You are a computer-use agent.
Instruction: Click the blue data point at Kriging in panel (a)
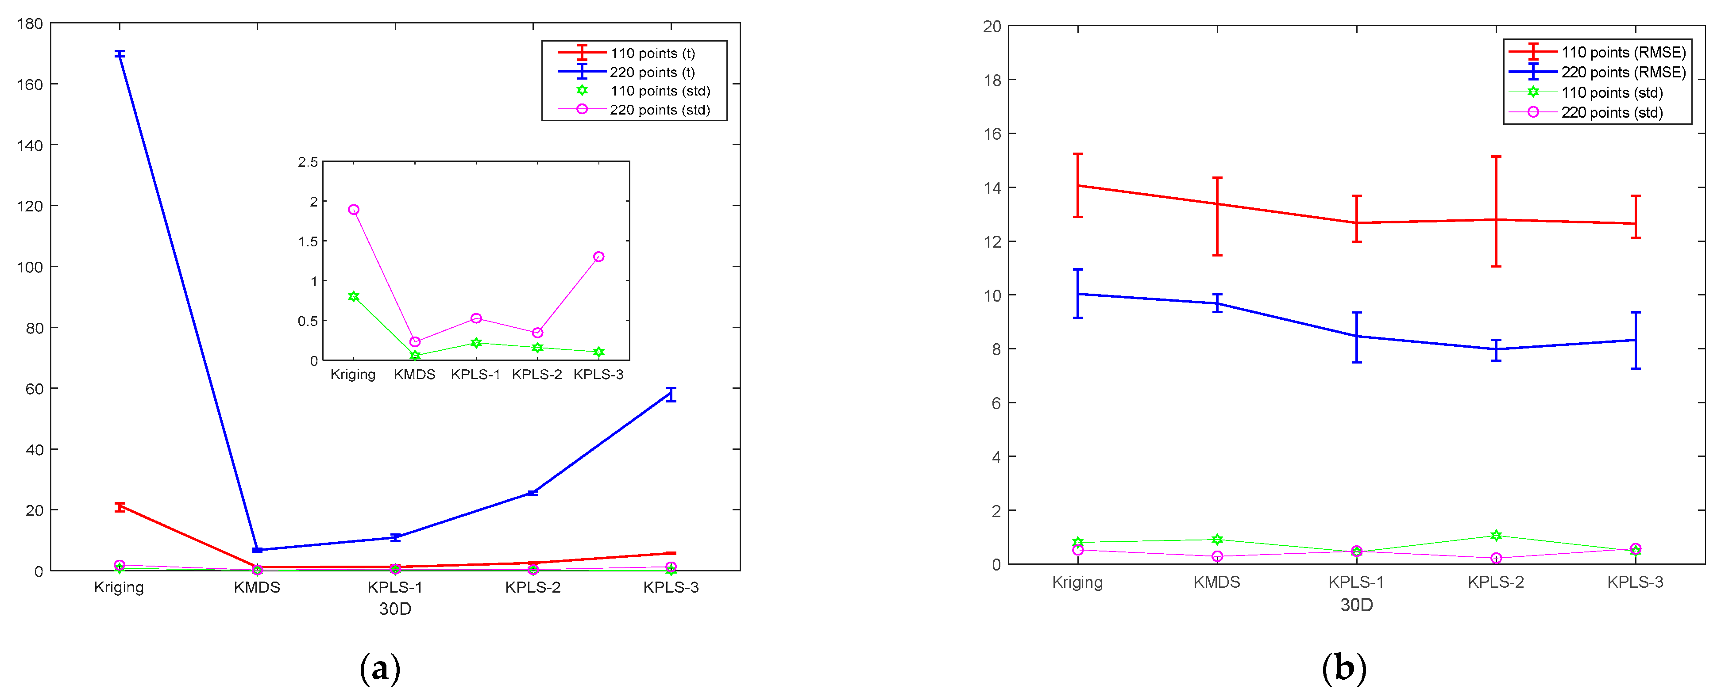click(x=120, y=54)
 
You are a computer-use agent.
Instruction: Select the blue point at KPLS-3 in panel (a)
click(x=671, y=394)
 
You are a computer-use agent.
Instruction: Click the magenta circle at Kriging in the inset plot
click(x=353, y=210)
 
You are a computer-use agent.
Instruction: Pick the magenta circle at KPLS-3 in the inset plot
click(x=598, y=257)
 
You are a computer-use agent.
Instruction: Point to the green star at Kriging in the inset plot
click(x=353, y=296)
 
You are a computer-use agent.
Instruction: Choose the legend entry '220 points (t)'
click(x=652, y=72)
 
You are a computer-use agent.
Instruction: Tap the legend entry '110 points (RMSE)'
click(x=1623, y=52)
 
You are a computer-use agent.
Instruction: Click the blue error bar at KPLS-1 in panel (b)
click(x=1357, y=337)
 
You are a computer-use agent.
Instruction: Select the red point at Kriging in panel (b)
click(x=1078, y=186)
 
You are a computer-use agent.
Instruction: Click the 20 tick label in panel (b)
click(x=992, y=27)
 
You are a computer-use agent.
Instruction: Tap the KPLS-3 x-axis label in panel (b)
click(x=1635, y=582)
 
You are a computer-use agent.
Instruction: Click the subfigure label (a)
click(x=380, y=668)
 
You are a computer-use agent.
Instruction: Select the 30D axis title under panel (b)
click(x=1356, y=605)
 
